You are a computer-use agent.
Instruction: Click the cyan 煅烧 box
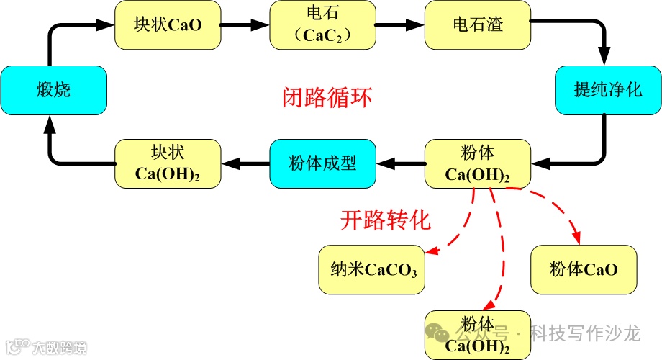pos(54,91)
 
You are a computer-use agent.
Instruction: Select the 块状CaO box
pos(167,24)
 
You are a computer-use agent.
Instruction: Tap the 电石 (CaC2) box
pos(322,24)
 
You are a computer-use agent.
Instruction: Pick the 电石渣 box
pos(477,24)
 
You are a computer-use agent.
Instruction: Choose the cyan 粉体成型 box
pos(322,163)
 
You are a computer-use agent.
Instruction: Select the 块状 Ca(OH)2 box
pos(167,164)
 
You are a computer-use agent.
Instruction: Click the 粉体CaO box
pos(584,270)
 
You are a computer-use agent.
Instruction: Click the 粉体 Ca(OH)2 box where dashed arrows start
pos(477,164)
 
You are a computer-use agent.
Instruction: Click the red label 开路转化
pos(385,220)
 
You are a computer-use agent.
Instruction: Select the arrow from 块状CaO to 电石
pos(244,24)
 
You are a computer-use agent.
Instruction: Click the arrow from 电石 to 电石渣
pos(399,24)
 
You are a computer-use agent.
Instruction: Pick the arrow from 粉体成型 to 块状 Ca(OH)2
pos(245,164)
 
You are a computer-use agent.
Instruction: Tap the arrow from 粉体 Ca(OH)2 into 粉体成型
pos(400,164)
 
